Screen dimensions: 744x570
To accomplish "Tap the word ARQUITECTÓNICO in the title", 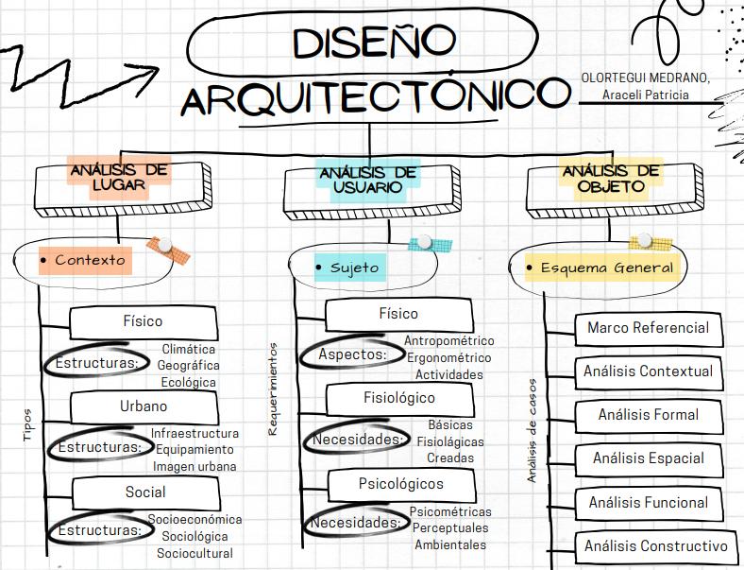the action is point(376,97).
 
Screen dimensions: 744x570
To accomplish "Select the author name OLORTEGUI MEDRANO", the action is point(645,78).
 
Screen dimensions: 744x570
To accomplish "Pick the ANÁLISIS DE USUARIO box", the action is point(367,180).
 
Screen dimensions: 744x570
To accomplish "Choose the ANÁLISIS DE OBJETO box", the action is point(611,179).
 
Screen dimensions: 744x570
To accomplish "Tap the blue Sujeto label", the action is point(354,268).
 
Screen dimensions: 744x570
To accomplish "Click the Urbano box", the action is point(144,406).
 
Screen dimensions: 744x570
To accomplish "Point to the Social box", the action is point(144,492).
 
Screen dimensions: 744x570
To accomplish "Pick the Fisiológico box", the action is point(399,398).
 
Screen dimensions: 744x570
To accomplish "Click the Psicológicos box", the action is point(400,484).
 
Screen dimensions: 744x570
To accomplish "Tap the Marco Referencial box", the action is point(648,328).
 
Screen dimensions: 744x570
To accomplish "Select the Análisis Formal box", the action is point(648,414).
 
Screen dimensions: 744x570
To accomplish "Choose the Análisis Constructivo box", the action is point(655,545).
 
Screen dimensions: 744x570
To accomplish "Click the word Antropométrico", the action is point(448,341).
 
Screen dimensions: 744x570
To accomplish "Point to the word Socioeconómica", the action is point(194,519).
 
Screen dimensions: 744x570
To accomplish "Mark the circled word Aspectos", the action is point(352,354).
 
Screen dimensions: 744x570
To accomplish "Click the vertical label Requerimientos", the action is point(273,389).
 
